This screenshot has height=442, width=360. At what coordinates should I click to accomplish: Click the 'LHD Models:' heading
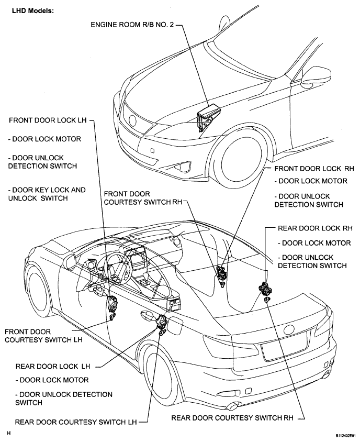[x=32, y=11]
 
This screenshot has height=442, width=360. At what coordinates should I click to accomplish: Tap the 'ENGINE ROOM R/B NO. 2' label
[x=132, y=25]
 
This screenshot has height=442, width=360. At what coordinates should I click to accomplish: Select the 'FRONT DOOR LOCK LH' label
[x=48, y=120]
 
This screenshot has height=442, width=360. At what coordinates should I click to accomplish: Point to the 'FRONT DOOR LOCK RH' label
[x=314, y=169]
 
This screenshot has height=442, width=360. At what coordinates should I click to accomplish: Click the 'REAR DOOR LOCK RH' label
[x=315, y=228]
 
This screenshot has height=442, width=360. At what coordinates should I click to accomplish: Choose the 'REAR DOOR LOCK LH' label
[x=53, y=367]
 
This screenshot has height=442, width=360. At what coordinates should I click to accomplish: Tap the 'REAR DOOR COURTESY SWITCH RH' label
[x=232, y=418]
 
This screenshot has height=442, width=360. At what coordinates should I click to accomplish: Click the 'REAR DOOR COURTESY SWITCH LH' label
[x=76, y=422]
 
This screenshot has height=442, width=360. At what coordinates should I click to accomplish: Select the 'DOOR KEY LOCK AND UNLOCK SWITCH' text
[x=47, y=194]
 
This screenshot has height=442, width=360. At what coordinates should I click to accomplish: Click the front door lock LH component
[x=113, y=303]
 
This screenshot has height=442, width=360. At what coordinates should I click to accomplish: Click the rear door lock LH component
[x=162, y=322]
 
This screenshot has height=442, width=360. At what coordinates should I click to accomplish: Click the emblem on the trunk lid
[x=289, y=329]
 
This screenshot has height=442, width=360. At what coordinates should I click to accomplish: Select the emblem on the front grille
[x=132, y=121]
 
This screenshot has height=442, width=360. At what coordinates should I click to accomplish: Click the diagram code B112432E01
[x=346, y=436]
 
